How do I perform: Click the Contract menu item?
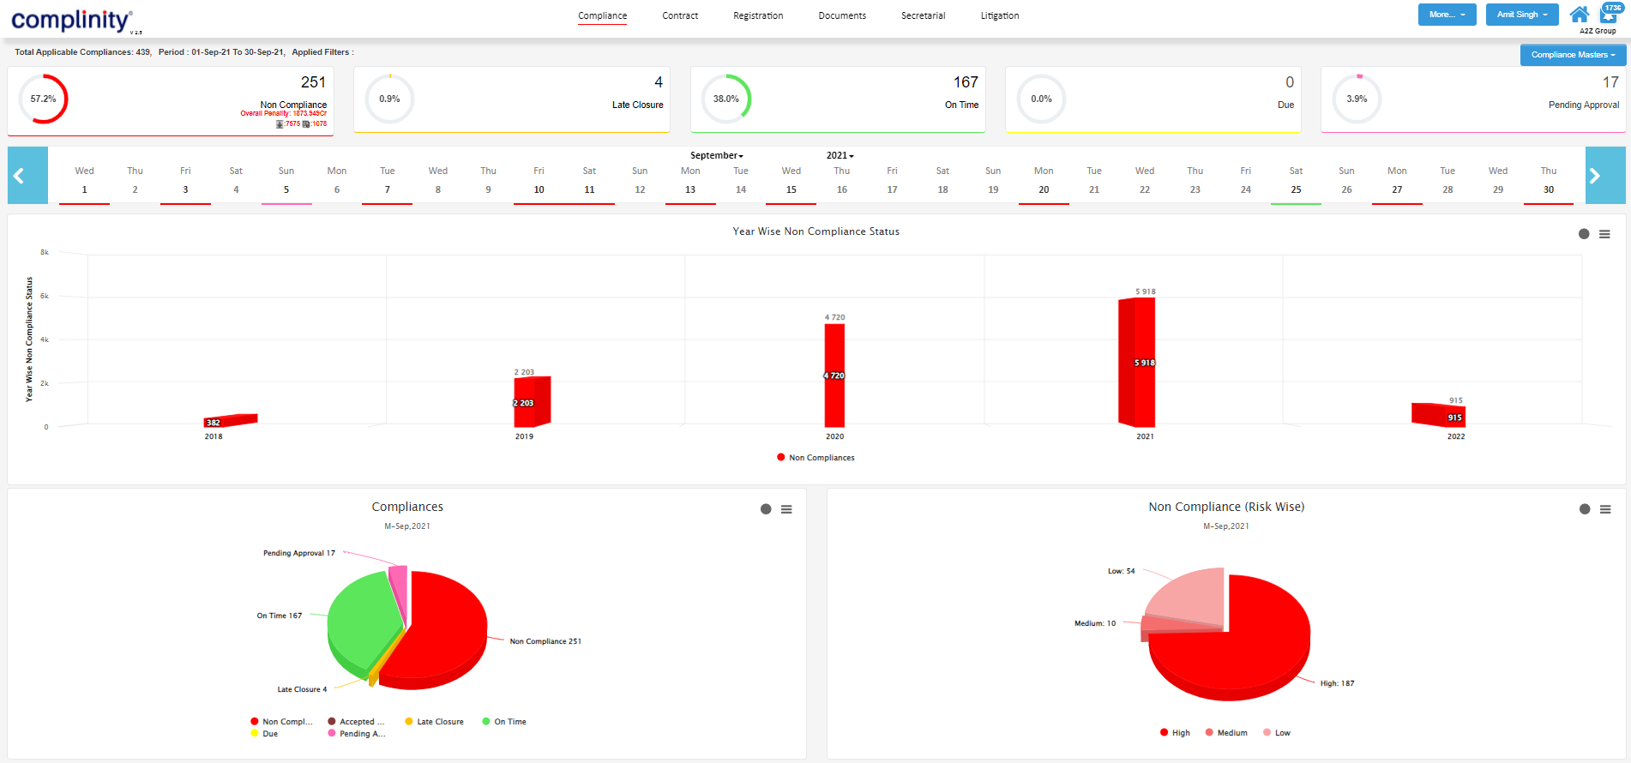(680, 15)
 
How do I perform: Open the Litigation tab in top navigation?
(999, 15)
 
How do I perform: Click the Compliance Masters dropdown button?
(1572, 55)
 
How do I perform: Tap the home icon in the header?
(1579, 15)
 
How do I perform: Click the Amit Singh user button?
(1521, 15)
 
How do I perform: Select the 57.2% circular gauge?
(44, 99)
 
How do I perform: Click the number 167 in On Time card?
(965, 82)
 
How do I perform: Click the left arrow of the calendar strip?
(19, 176)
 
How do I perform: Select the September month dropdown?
(716, 155)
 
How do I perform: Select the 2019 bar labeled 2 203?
(531, 401)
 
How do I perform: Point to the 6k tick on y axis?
(45, 296)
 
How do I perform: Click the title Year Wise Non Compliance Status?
(815, 231)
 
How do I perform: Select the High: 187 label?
(1336, 683)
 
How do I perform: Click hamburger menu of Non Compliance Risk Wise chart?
(1604, 509)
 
